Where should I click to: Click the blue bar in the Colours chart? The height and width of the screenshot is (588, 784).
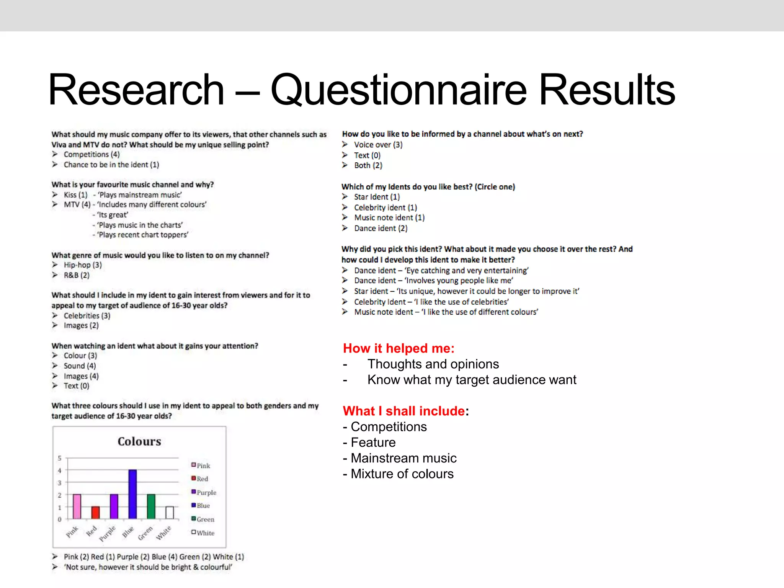point(132,494)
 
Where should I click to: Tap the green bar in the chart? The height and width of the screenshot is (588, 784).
point(151,506)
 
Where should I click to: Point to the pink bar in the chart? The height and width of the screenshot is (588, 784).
point(77,506)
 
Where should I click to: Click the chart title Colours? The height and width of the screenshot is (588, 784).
point(139,441)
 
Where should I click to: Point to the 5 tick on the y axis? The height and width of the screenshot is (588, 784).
point(59,458)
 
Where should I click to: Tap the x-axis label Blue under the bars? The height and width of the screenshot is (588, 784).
point(128,532)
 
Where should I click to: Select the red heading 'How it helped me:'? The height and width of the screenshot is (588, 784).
point(399,348)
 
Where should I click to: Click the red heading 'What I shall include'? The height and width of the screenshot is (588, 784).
point(404,411)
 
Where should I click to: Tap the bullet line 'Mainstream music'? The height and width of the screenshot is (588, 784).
point(403,458)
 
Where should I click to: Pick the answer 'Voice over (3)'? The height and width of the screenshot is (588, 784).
point(378,145)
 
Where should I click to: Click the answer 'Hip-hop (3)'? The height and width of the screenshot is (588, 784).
point(83,265)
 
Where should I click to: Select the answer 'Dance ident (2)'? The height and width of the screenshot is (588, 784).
point(381,229)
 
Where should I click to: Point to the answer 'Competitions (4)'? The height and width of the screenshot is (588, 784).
point(91,154)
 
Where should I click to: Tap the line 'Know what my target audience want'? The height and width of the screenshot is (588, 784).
point(472,380)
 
